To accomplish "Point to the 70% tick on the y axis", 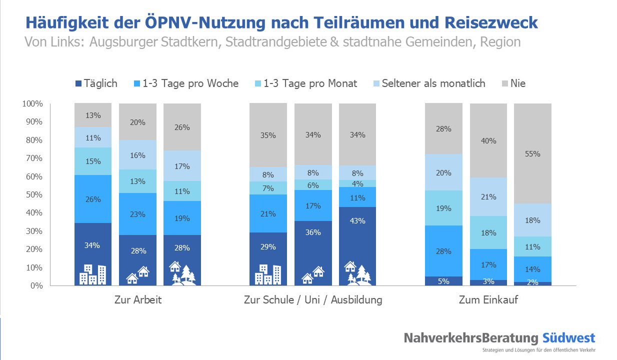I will [x=32, y=158].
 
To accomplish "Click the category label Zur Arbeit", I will [x=137, y=300].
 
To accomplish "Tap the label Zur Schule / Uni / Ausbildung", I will [x=313, y=300].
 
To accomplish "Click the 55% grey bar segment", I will [x=532, y=154].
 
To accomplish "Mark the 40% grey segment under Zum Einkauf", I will [x=488, y=141].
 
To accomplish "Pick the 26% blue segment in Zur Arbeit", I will [x=93, y=199].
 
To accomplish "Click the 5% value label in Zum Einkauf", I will [x=443, y=281].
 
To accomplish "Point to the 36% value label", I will [x=312, y=232].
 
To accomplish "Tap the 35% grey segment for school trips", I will [x=268, y=135].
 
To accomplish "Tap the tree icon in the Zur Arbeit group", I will [x=187, y=274].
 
